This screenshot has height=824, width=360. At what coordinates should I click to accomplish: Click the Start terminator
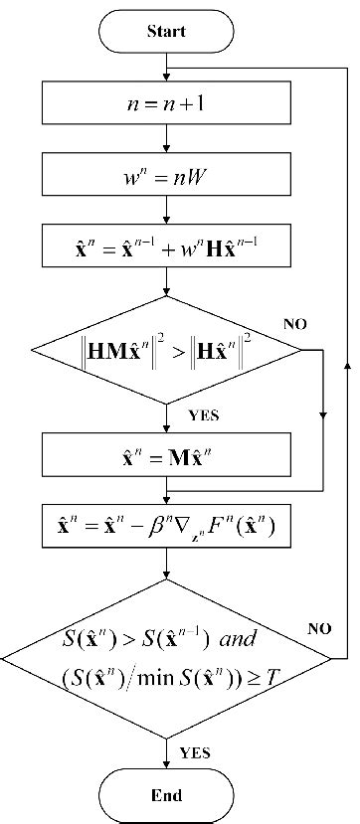pos(166,31)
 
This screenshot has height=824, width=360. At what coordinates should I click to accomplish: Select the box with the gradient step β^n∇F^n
pos(166,528)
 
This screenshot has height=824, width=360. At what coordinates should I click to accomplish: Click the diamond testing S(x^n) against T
pos(166,657)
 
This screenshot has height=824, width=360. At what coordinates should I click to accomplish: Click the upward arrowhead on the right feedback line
pos(346,366)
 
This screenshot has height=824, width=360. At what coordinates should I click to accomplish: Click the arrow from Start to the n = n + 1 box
pos(166,70)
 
